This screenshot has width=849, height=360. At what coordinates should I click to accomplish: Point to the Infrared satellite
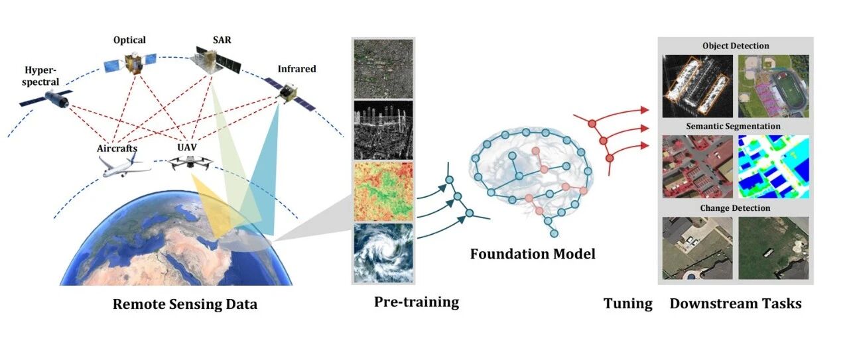(287, 92)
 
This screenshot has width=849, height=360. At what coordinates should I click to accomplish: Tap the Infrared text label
(297, 68)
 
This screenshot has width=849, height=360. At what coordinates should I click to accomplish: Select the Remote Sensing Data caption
(185, 305)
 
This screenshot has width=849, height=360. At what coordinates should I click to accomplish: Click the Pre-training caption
(417, 302)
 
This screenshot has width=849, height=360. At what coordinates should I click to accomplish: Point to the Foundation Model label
(533, 253)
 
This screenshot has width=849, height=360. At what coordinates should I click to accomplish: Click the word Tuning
(627, 304)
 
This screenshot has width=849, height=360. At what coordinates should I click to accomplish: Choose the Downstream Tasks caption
(736, 304)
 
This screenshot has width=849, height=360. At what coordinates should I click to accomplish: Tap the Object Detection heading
(736, 46)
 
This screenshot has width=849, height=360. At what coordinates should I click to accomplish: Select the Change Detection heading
(736, 208)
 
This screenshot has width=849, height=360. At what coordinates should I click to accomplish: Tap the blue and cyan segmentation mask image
(774, 166)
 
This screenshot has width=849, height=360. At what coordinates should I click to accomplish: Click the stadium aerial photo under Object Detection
(774, 86)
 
